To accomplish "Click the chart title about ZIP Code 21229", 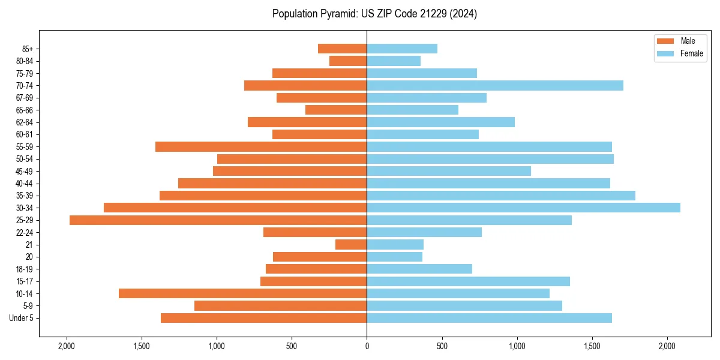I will point(374,14).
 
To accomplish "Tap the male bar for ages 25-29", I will point(218,220).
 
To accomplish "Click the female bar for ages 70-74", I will point(495,85).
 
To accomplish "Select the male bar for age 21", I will point(351,245).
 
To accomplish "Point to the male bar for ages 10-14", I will point(242,293).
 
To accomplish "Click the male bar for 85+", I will point(342,49).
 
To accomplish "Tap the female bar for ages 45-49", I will point(449,171).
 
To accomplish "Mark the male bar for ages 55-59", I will point(261,146).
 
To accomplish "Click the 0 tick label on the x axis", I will point(367,346).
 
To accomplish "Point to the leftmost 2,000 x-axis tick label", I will point(66,346).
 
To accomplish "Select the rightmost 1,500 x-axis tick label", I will point(592,346).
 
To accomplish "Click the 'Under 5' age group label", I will point(22,318).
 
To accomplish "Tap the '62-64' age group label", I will point(24,122).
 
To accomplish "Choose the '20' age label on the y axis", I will point(29,257).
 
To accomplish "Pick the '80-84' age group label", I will point(24,61).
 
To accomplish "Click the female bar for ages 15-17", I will point(468,281).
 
